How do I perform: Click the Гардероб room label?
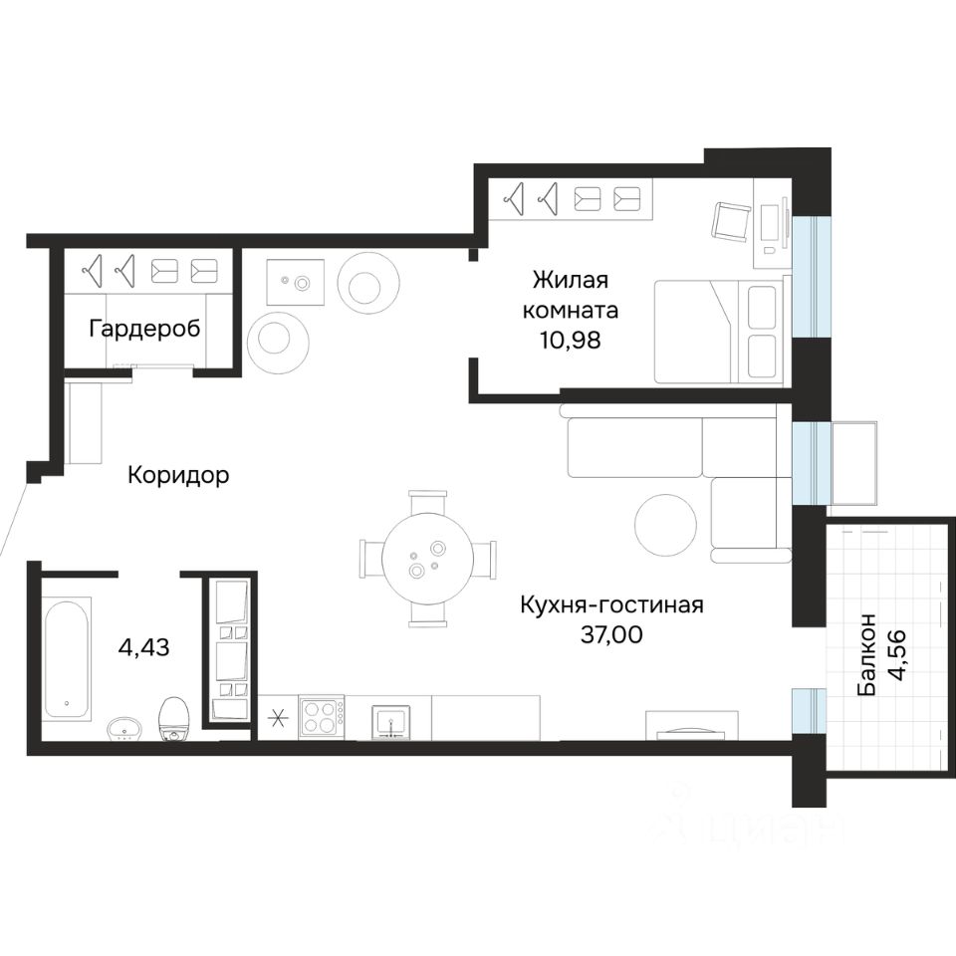(144, 330)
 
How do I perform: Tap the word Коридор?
(178, 475)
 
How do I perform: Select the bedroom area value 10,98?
(570, 341)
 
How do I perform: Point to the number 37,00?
(611, 635)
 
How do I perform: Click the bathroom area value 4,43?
(143, 647)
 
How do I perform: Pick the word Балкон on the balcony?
(866, 654)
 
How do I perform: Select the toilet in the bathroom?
(174, 719)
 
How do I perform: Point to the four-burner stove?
(322, 717)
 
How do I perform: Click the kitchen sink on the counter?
(389, 723)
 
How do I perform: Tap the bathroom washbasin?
(124, 729)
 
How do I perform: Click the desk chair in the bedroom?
(732, 222)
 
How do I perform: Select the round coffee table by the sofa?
(666, 525)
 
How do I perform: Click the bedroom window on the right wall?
(811, 276)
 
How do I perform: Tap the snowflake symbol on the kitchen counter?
(278, 718)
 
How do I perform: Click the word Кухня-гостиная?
(611, 605)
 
